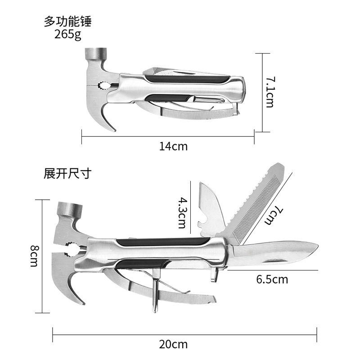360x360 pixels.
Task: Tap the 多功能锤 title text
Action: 71,21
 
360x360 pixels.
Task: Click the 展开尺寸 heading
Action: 67,174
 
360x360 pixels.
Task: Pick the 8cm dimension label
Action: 34,256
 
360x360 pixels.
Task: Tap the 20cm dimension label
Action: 173,345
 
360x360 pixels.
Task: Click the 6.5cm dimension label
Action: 272,279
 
